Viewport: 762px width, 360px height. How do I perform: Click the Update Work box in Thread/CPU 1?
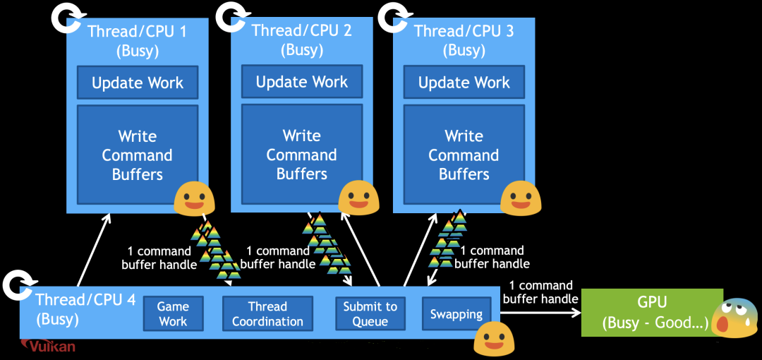coord(138,83)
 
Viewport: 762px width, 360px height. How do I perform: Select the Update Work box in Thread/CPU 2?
coord(302,82)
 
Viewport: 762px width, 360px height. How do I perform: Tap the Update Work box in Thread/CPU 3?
coord(464,83)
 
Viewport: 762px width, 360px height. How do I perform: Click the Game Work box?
coord(173,314)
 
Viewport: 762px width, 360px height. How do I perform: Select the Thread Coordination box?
coord(267,314)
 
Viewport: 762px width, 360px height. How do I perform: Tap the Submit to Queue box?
coord(370,314)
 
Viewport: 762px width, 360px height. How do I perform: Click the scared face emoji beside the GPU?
coord(734,318)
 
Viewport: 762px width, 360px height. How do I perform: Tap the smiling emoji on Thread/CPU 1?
coord(194,198)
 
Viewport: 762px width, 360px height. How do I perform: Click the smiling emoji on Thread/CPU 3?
coord(520,197)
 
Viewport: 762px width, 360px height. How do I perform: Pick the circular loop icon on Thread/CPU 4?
coord(16,286)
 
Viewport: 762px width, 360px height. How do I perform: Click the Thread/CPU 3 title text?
coord(464,31)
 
